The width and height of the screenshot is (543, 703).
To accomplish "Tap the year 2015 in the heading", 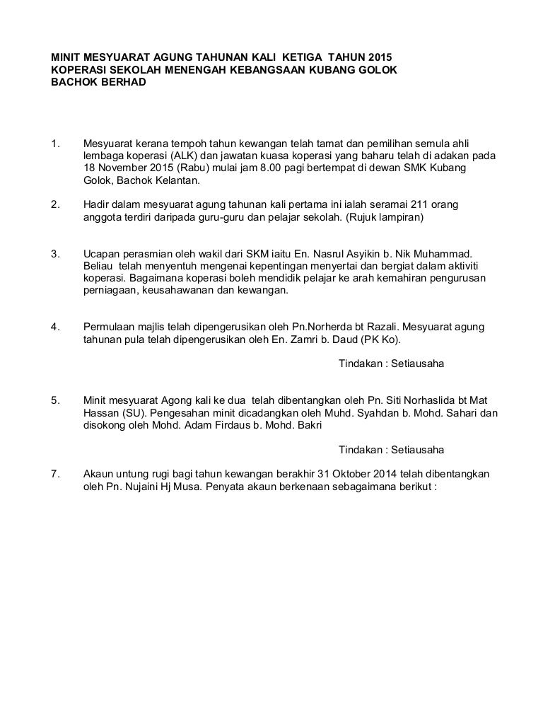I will tap(375, 57).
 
